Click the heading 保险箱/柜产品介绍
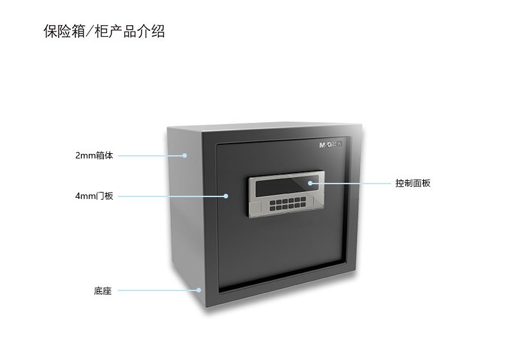coord(104,32)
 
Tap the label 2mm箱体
coord(94,155)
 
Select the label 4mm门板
coord(94,196)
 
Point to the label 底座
coord(103,291)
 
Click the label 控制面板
coord(413,184)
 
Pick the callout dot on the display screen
coord(310,184)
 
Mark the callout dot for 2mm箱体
coord(185,155)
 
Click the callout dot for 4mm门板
coord(226,196)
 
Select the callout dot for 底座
coord(200,290)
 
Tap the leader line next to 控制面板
coord(351,184)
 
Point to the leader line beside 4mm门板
coord(171,196)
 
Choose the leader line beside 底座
coord(158,290)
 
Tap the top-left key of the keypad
coord(272,202)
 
